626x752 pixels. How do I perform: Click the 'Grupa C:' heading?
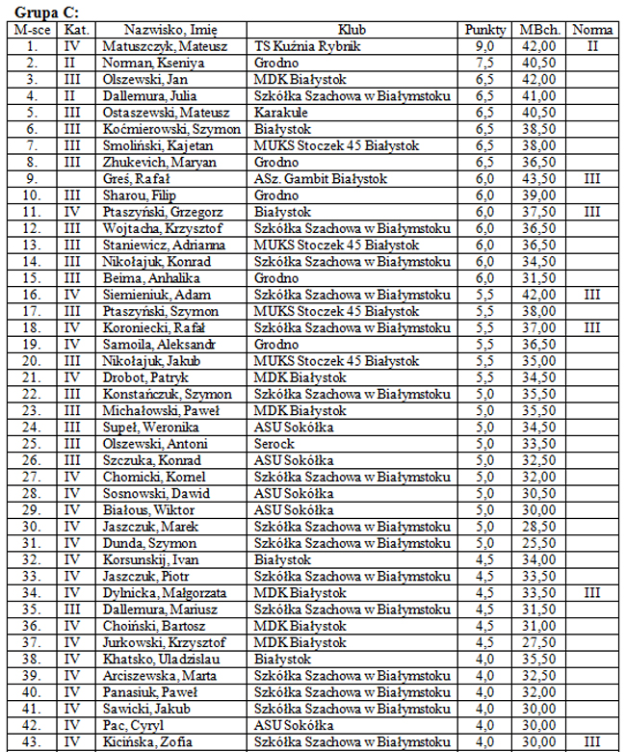coord(47,13)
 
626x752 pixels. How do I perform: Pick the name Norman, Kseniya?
coord(148,63)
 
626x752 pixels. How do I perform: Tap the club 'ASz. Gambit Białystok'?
coord(320,179)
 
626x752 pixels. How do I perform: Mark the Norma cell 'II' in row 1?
coord(592,46)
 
